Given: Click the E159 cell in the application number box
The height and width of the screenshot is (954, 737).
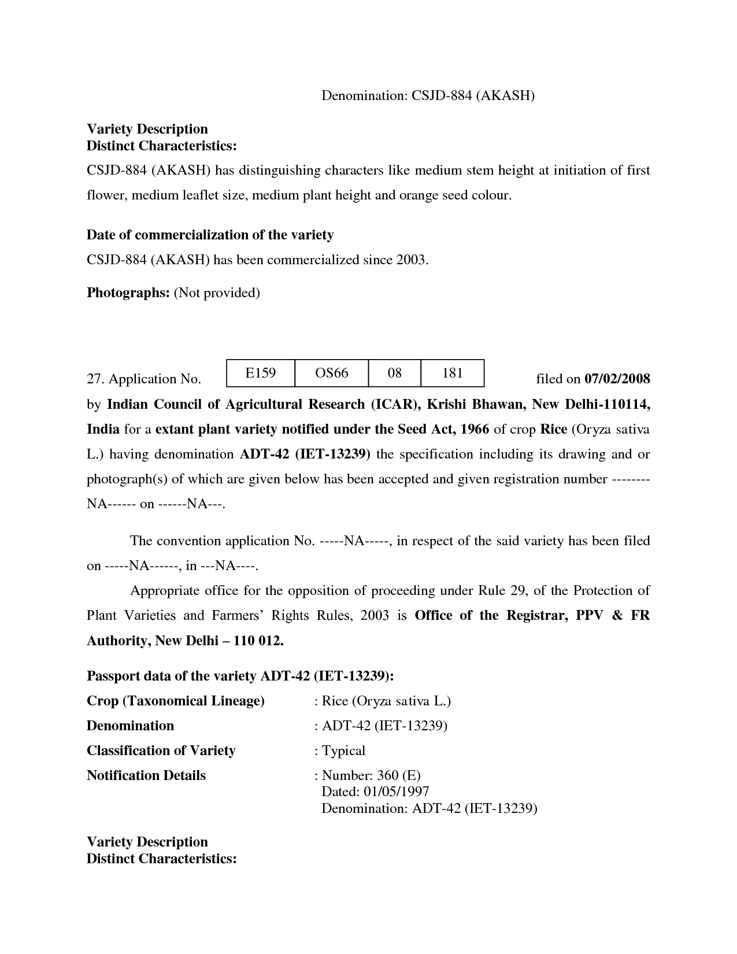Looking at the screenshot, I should tap(260, 373).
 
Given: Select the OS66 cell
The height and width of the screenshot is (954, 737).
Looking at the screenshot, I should tap(331, 373).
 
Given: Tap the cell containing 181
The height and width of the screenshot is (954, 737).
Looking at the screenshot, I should tap(452, 373).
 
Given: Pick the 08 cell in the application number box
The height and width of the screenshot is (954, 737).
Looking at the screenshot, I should tap(394, 373).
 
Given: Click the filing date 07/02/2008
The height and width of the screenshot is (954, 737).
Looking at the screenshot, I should tap(617, 379).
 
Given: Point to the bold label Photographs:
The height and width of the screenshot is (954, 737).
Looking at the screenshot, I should tap(128, 293).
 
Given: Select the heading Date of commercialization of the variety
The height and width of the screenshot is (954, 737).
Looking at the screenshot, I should tap(210, 235).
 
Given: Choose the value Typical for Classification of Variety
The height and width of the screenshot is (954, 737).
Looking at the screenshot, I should tap(343, 750).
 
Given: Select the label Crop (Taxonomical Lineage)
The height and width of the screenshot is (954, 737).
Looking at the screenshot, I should tap(175, 701).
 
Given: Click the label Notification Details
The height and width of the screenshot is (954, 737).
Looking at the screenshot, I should tap(146, 775).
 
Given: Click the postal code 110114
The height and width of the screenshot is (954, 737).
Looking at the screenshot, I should tap(627, 404).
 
